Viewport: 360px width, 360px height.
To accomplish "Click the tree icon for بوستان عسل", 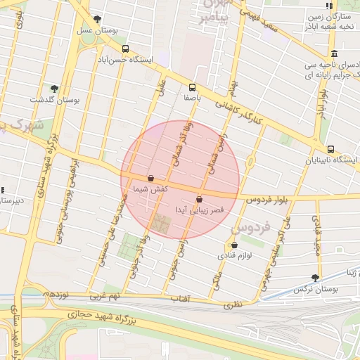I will pos(97,19).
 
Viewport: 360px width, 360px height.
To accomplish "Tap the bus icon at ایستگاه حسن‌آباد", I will pos(125,49).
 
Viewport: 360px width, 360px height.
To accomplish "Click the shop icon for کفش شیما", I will pos(151,178).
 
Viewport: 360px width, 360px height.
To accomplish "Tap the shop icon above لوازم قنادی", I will pos(234,245).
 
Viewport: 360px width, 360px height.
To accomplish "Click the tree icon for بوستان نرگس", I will pos(314,278).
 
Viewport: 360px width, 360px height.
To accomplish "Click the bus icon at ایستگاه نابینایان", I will pos(330,148).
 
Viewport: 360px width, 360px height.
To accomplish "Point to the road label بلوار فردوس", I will pos(266,200).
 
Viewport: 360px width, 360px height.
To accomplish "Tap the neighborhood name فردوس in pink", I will pos(250,228).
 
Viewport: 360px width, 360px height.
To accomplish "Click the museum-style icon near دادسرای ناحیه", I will pos(333,54).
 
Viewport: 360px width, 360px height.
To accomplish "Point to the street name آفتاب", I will pos(181,299).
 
